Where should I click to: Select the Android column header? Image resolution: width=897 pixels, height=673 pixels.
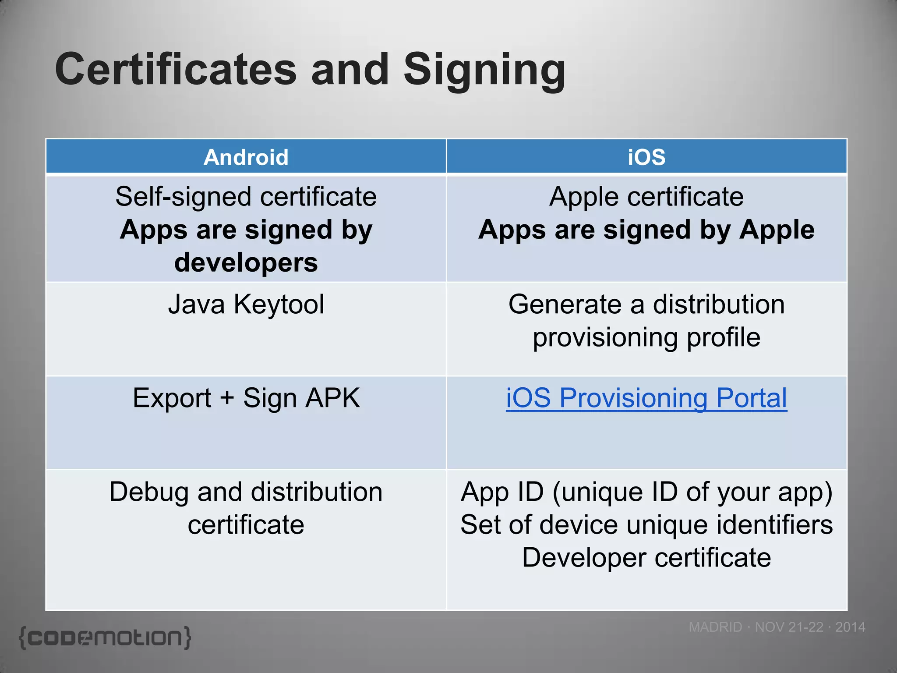point(246,157)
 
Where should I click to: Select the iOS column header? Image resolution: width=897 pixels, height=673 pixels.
point(646,157)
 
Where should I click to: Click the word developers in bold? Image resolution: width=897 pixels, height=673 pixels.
point(246,262)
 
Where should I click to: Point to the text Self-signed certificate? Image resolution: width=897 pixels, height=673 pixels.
point(246,197)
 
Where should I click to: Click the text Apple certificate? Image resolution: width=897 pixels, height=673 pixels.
point(646,197)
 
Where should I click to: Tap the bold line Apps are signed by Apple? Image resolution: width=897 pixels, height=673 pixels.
point(646,230)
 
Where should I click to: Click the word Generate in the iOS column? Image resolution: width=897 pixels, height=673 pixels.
point(565,304)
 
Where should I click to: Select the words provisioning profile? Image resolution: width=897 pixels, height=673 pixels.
point(646,337)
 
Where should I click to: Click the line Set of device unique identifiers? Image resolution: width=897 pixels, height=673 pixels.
point(646,524)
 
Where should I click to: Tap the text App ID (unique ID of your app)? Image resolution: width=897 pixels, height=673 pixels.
point(646,492)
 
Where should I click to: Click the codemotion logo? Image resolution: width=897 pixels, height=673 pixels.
point(105,638)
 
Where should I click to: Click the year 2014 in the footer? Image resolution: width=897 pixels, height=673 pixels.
point(850,627)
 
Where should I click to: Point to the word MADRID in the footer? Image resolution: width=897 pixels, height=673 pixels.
point(715,627)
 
